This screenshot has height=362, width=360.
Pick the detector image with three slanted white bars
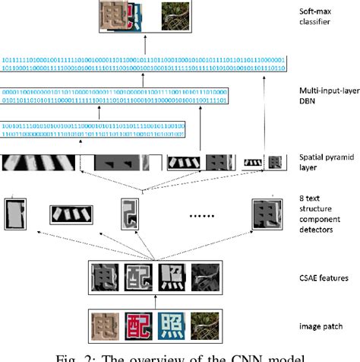[70, 215]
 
